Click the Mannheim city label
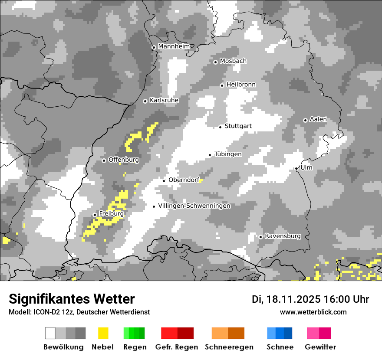tap(174, 46)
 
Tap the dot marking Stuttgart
tap(221, 127)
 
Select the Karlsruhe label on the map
tap(164, 100)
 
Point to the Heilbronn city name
tap(241, 85)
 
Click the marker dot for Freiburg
tap(95, 215)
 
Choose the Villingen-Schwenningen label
tap(194, 206)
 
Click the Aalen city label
tap(318, 119)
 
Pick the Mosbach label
tap(233, 61)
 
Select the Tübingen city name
tap(228, 154)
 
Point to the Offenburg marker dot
tap(104, 160)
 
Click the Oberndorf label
tap(184, 180)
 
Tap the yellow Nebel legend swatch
tap(103, 333)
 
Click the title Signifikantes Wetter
tap(72, 299)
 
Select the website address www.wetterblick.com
tap(313, 312)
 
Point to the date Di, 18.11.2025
tap(286, 299)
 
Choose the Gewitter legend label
tap(320, 347)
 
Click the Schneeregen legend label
tap(229, 347)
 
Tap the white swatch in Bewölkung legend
tap(50, 333)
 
